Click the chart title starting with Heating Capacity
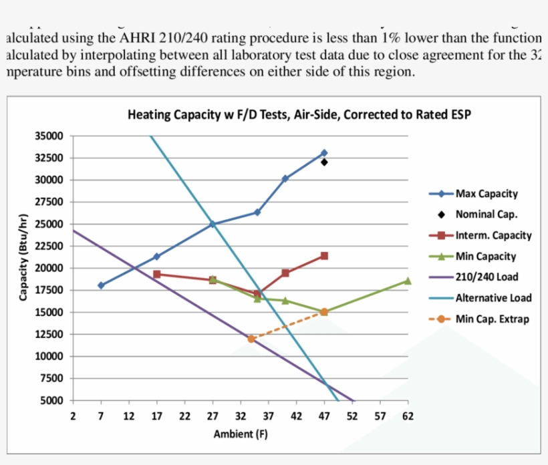(x=299, y=114)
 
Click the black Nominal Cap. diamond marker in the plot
(x=324, y=162)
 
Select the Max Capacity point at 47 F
(x=324, y=153)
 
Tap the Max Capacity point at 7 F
(x=101, y=285)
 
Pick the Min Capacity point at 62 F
(x=408, y=281)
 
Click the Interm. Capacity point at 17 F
(x=156, y=274)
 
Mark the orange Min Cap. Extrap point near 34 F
(x=251, y=339)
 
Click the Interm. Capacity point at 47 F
(x=324, y=256)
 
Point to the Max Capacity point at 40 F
(x=285, y=178)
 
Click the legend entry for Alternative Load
(x=493, y=298)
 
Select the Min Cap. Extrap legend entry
(x=492, y=319)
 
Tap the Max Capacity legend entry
(x=487, y=194)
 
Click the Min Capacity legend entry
(x=486, y=257)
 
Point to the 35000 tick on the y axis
(x=49, y=136)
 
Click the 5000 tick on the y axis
(x=51, y=401)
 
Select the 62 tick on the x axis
(x=408, y=416)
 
